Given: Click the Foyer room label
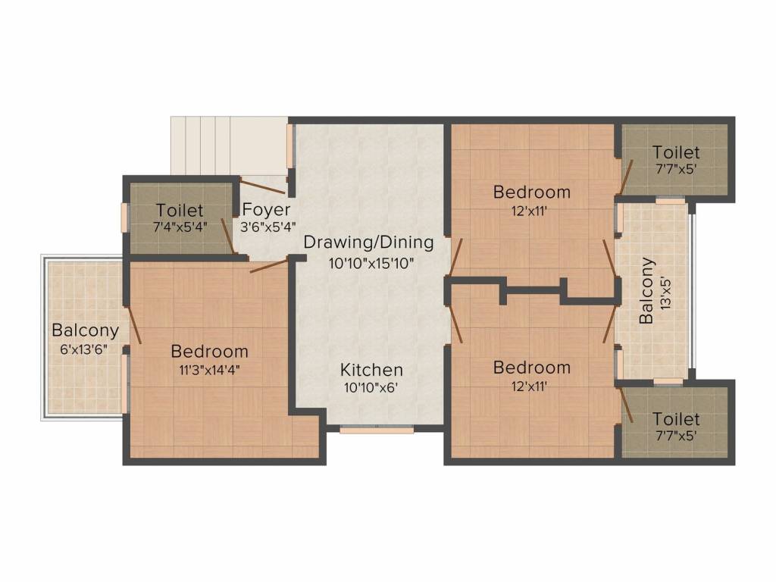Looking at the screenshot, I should [265, 210].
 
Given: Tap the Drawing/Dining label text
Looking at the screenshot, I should [369, 242].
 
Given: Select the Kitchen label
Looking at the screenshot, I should [371, 371].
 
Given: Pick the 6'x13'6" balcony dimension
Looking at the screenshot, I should [85, 349].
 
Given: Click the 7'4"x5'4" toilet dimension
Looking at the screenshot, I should [180, 227].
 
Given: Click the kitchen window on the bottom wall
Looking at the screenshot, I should [376, 430].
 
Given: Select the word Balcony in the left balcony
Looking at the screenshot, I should [85, 331].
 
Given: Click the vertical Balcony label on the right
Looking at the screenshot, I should [646, 291].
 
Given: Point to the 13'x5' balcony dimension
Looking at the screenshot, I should [665, 291].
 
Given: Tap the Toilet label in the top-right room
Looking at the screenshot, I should [676, 153].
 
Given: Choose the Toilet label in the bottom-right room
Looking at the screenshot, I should [676, 419].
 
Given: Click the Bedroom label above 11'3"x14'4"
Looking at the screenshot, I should [210, 352].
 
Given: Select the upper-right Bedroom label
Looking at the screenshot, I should [531, 192].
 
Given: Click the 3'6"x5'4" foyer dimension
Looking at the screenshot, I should [268, 227].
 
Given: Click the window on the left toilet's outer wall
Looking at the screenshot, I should [125, 217].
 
